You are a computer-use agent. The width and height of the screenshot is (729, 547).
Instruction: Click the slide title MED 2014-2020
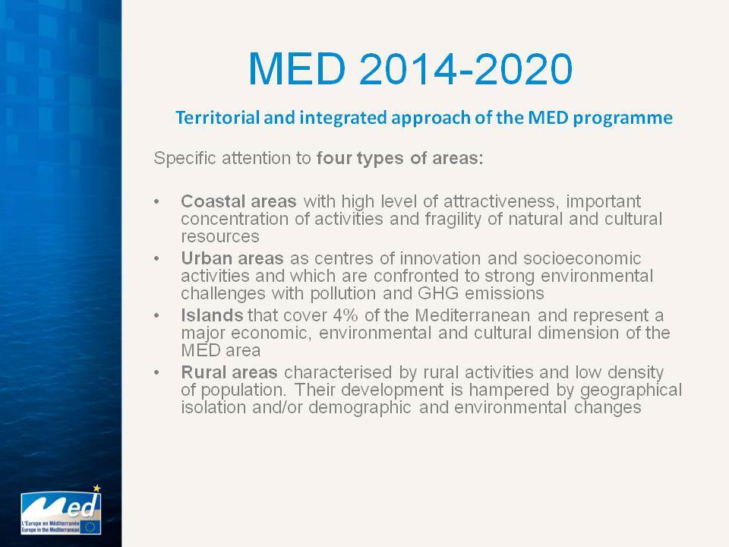(x=410, y=69)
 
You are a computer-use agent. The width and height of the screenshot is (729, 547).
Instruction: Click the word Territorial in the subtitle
(x=218, y=117)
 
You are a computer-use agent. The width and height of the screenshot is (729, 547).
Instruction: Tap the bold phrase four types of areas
(x=400, y=158)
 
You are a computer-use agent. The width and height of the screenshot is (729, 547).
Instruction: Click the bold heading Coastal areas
(x=238, y=201)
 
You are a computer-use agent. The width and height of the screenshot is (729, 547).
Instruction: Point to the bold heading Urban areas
(x=232, y=258)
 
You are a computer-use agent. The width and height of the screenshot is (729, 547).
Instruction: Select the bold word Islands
(x=212, y=315)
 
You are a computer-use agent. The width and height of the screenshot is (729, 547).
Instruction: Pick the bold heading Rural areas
(x=229, y=372)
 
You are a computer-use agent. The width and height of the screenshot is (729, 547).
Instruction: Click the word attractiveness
(x=502, y=201)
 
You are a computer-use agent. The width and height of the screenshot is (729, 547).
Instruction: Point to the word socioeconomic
(x=582, y=258)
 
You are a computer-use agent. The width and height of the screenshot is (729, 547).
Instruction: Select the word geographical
(x=631, y=390)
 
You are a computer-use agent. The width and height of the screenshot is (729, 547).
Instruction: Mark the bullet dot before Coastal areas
(x=156, y=202)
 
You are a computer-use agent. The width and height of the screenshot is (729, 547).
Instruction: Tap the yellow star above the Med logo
(x=96, y=489)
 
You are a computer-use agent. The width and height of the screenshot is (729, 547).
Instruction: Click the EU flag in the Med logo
(x=90, y=527)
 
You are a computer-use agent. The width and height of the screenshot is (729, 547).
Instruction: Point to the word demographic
(x=359, y=408)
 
